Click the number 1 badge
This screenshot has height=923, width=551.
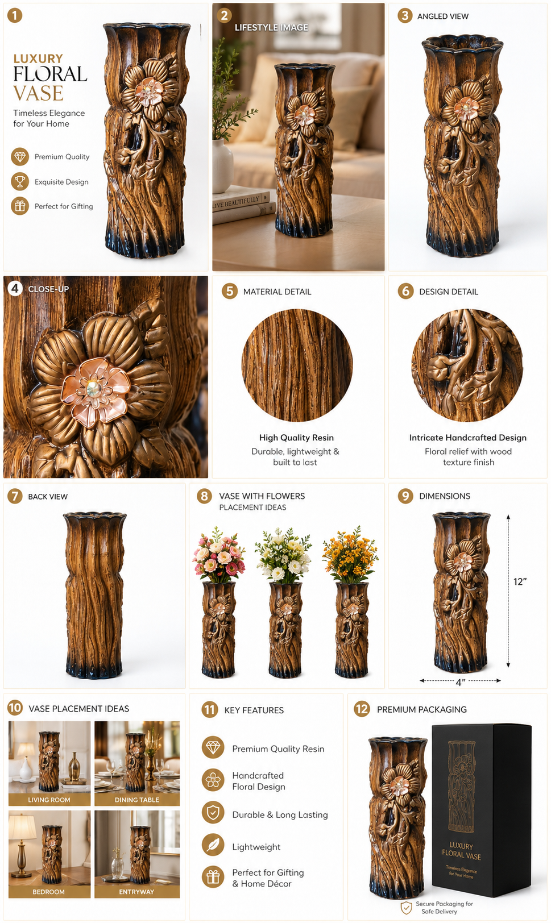click(x=15, y=16)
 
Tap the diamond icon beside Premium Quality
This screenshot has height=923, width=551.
click(x=20, y=157)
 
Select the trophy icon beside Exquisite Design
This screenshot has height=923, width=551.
click(x=20, y=181)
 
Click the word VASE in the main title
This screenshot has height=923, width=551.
click(x=38, y=93)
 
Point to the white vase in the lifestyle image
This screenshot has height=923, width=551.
click(x=222, y=165)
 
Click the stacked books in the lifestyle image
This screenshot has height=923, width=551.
click(x=243, y=205)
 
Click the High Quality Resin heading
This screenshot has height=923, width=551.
click(x=296, y=438)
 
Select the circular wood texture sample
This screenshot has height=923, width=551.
click(x=297, y=365)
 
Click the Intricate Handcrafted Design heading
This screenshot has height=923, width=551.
click(x=468, y=438)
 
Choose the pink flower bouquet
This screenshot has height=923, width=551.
click(x=219, y=555)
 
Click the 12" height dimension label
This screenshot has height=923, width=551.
click(x=520, y=581)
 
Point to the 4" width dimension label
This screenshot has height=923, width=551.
click(x=461, y=683)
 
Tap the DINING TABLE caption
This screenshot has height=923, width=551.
click(x=137, y=800)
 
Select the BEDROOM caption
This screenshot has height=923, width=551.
click(x=49, y=892)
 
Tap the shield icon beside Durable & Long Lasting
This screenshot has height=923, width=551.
click(x=213, y=813)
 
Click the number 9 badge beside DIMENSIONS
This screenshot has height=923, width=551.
click(x=405, y=496)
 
